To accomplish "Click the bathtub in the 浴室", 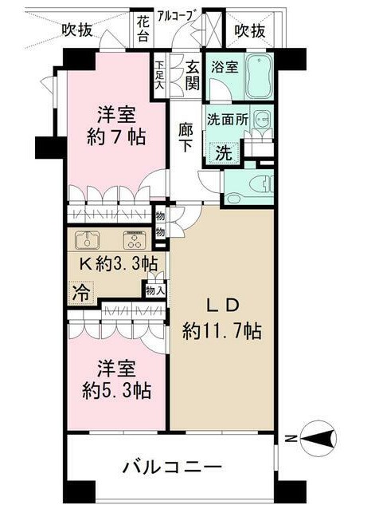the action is pyautogui.click(x=259, y=77).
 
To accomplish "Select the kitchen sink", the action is pyautogui.click(x=87, y=240).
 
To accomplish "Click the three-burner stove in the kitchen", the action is pyautogui.click(x=135, y=240).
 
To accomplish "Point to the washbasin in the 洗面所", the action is pyautogui.click(x=263, y=120).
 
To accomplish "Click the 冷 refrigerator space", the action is pyautogui.click(x=80, y=293).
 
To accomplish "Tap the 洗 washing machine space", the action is pyautogui.click(x=224, y=152).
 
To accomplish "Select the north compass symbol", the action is pyautogui.click(x=318, y=439).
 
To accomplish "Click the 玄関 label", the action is pyautogui.click(x=193, y=76).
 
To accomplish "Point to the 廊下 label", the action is pyautogui.click(x=186, y=138).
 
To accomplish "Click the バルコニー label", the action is pyautogui.click(x=172, y=468).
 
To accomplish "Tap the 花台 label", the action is pyautogui.click(x=143, y=30).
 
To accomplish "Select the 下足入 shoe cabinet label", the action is pyautogui.click(x=160, y=75).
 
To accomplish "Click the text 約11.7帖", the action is pyautogui.click(x=222, y=331).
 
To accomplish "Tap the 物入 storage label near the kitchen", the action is pyautogui.click(x=155, y=290).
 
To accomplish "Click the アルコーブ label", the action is pyautogui.click(x=178, y=16).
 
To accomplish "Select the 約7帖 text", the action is pyautogui.click(x=116, y=137).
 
